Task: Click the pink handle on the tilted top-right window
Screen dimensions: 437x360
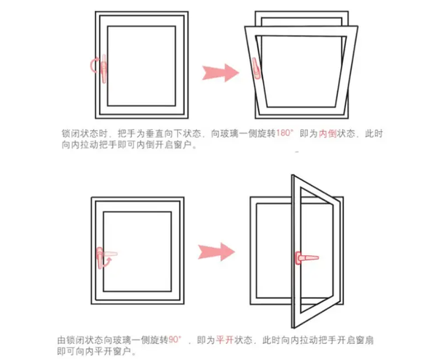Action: (x=255, y=66)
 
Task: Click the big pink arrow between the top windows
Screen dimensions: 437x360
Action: (x=220, y=71)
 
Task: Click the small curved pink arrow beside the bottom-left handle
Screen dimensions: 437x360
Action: (x=108, y=259)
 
